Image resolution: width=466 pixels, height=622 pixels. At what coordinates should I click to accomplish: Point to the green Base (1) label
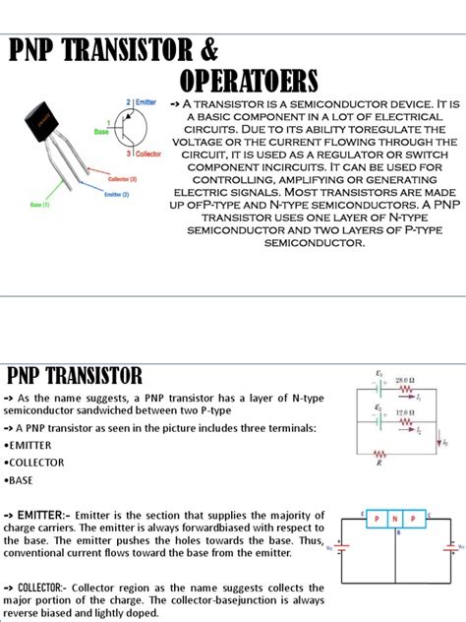(41, 206)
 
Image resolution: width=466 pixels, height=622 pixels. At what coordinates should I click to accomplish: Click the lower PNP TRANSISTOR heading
(75, 375)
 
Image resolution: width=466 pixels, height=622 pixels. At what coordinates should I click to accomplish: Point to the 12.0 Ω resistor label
(405, 412)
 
